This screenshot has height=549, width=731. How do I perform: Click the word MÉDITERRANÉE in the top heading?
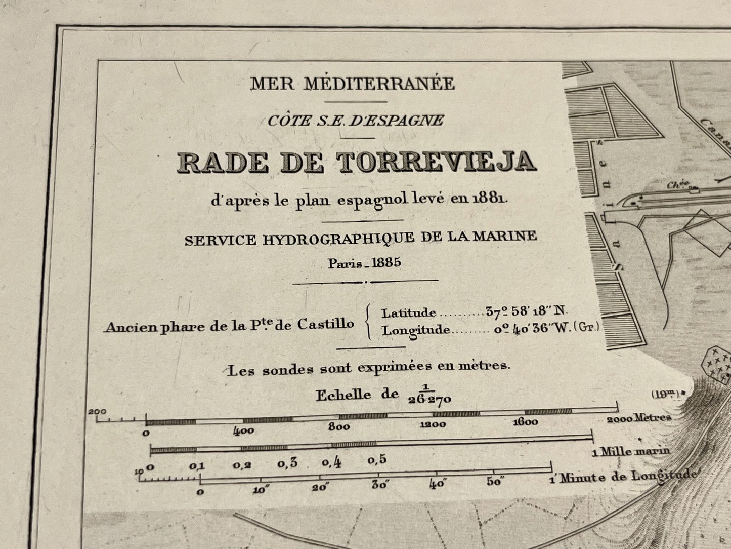(379, 84)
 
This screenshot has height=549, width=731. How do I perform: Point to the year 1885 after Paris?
(386, 263)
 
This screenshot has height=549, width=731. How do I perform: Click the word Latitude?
(408, 313)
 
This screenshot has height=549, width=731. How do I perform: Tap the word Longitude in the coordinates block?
(416, 330)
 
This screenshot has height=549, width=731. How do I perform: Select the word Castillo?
(325, 324)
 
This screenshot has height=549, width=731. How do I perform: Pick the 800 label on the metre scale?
(338, 427)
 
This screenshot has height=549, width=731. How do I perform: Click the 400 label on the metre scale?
(243, 432)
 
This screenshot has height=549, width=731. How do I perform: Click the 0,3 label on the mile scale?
(287, 463)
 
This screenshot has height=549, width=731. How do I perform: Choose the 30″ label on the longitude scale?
(379, 484)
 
